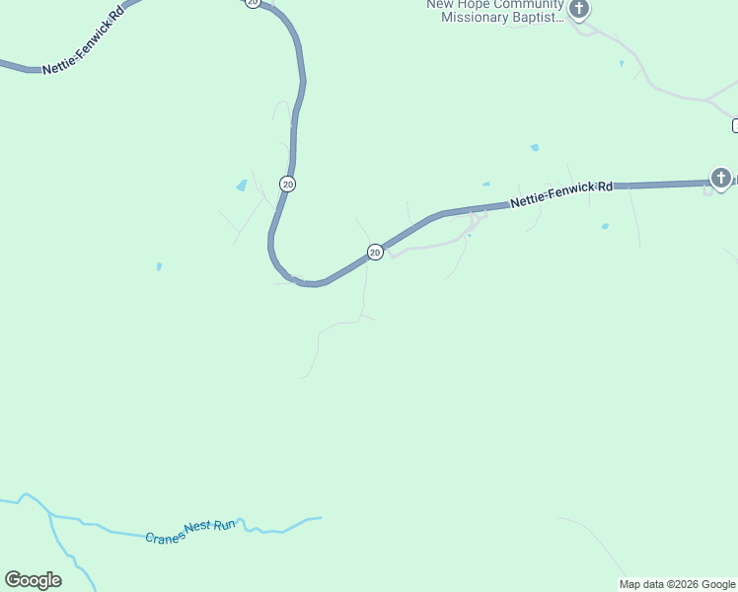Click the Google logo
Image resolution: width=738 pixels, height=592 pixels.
tap(33, 580)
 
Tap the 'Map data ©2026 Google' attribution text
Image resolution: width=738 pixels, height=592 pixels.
tap(677, 584)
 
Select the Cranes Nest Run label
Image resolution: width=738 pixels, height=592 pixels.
tap(190, 532)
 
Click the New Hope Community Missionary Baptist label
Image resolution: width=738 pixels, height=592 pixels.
tap(494, 10)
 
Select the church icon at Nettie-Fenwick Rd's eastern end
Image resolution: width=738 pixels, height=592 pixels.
tap(721, 179)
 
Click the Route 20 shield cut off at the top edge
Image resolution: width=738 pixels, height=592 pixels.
tap(253, 3)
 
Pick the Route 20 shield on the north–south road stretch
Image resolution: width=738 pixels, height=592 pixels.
tap(287, 184)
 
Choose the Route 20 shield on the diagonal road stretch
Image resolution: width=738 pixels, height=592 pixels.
tap(375, 252)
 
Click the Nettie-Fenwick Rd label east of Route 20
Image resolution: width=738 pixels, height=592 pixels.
tap(561, 194)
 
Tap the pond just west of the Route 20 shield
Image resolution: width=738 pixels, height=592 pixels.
tap(242, 185)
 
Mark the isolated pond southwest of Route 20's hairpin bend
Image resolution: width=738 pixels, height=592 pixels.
tap(159, 266)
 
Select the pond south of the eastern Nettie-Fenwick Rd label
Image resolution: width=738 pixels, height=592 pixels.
tap(605, 226)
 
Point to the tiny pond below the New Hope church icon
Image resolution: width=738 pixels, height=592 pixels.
tap(621, 63)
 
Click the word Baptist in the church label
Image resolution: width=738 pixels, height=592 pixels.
tap(538, 17)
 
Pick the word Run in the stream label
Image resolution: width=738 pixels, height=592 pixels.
tap(226, 525)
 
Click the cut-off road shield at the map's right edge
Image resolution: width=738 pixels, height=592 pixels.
tap(735, 125)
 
